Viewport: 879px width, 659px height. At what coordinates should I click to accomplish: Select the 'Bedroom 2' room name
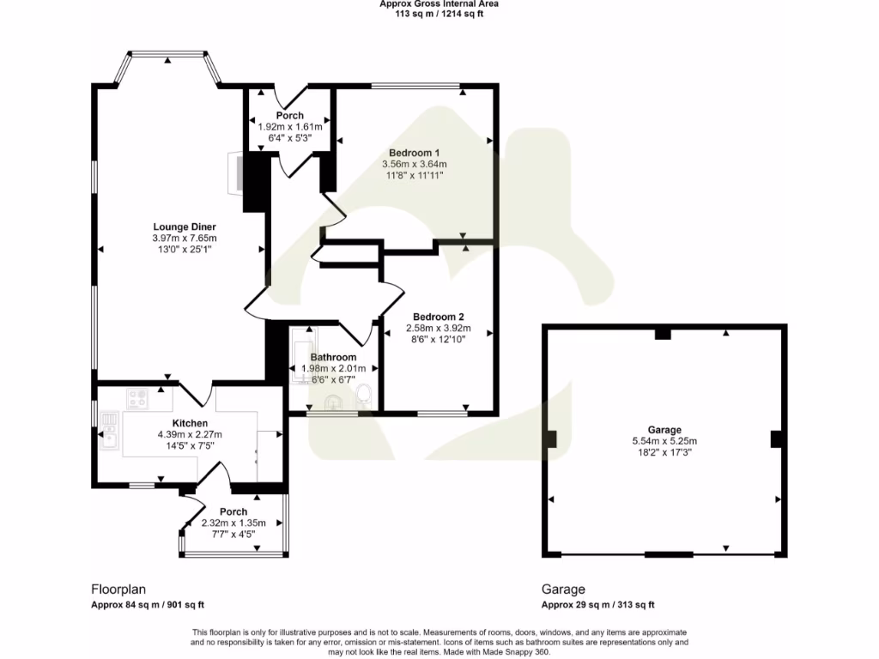(438, 316)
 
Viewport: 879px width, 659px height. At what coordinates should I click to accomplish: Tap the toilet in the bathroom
(364, 394)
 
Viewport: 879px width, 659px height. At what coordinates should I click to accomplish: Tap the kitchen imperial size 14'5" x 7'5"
(190, 445)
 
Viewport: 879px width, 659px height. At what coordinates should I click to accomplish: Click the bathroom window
(332, 414)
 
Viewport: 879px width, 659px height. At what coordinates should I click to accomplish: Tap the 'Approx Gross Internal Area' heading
(439, 4)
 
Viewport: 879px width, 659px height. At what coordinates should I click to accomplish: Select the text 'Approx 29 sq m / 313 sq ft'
(597, 605)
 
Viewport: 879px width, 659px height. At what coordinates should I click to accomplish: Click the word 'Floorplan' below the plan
(118, 589)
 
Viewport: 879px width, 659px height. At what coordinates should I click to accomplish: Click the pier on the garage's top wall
(663, 334)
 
